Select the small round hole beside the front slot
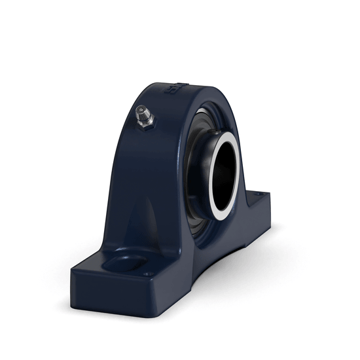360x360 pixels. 149,274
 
